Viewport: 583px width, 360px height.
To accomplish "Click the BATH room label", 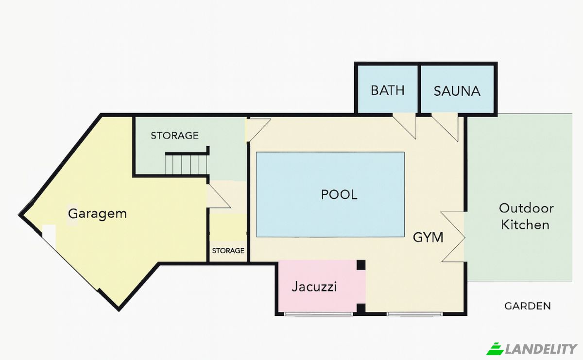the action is point(388,90).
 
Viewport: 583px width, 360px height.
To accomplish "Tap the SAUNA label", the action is point(457,91).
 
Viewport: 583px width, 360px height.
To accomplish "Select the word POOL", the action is point(339,194).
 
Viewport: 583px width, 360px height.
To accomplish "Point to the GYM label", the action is point(428,237).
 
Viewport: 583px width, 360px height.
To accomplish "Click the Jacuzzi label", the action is point(314,287).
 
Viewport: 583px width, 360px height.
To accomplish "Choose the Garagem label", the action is point(97,214).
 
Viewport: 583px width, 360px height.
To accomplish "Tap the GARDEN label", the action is point(528,306).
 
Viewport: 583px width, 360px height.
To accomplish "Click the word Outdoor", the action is point(526,208).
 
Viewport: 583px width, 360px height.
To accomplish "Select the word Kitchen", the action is point(525,224).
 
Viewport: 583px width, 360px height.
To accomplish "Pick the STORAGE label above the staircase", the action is point(174,136).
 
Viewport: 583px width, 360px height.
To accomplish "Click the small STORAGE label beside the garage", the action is point(228,250).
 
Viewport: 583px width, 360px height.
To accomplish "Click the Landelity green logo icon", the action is point(495,348).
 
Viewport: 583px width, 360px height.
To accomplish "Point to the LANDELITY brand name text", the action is point(541,349).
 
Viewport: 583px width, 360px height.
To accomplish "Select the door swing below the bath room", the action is point(404,126).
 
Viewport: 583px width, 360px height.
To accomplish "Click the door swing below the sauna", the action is point(445,127).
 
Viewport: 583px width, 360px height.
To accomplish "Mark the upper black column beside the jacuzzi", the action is point(361,265).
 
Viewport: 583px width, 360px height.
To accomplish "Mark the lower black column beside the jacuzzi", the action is point(361,309).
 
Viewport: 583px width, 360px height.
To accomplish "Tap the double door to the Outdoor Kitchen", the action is point(453,237).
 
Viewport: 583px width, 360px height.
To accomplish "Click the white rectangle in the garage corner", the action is point(49,236).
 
